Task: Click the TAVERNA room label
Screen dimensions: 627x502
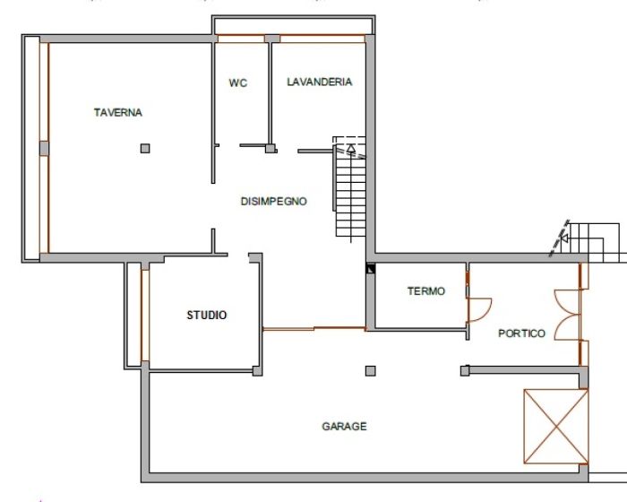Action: click(118, 112)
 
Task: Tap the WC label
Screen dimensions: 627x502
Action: click(238, 82)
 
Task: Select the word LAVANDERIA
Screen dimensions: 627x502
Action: click(320, 82)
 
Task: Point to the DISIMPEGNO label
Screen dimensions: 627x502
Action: click(274, 201)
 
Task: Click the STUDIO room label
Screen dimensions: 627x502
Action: click(207, 315)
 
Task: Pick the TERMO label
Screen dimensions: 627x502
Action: click(426, 291)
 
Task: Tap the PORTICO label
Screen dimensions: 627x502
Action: click(522, 333)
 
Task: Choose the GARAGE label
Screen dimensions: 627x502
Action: click(344, 427)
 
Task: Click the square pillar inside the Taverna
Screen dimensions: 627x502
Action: click(145, 149)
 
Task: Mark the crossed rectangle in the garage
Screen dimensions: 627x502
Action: click(556, 427)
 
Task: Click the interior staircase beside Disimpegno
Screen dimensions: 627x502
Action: click(350, 187)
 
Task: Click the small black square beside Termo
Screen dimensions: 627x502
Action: click(371, 268)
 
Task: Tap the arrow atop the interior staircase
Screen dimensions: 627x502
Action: click(351, 149)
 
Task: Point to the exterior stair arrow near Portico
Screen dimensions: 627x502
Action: click(564, 238)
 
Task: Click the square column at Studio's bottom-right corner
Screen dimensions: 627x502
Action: click(258, 371)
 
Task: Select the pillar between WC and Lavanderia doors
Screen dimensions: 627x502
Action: click(271, 149)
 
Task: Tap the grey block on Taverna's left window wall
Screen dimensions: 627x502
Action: click(44, 148)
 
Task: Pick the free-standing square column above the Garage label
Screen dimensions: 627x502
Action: click(371, 371)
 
